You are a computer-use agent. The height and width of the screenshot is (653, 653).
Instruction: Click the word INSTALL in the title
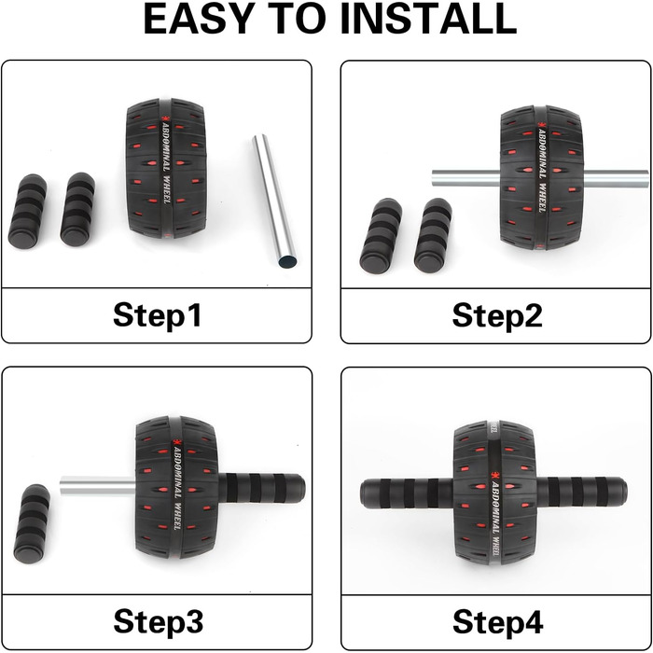tap(428, 19)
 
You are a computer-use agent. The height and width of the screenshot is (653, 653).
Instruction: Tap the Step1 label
tap(157, 315)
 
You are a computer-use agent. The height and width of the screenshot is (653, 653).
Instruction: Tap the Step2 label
tap(497, 315)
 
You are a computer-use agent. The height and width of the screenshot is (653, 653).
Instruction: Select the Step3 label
tap(159, 621)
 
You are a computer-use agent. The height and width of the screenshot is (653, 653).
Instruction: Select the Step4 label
tap(497, 622)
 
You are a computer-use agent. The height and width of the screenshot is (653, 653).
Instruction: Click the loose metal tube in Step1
tap(274, 201)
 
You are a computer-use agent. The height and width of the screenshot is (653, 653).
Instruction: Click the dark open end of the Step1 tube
tap(287, 262)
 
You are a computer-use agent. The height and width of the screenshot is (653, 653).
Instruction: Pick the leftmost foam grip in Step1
tap(27, 212)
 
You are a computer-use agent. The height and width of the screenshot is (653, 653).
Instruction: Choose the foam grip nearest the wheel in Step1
tap(77, 209)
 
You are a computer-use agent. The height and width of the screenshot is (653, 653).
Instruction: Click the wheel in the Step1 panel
tap(166, 169)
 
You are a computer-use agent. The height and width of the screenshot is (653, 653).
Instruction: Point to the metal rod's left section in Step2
tap(466, 178)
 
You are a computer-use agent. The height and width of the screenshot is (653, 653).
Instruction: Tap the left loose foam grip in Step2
tap(381, 236)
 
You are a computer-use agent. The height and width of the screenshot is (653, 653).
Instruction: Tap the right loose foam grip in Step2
tap(433, 236)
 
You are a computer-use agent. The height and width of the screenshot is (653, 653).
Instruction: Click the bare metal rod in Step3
tap(98, 486)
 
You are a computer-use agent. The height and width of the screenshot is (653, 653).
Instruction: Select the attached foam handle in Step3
tap(261, 488)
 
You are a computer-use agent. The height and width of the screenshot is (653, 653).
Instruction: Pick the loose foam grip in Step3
tap(32, 524)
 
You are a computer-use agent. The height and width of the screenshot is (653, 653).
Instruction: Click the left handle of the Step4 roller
tap(407, 493)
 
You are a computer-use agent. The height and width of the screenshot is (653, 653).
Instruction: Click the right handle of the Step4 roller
tap(581, 492)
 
